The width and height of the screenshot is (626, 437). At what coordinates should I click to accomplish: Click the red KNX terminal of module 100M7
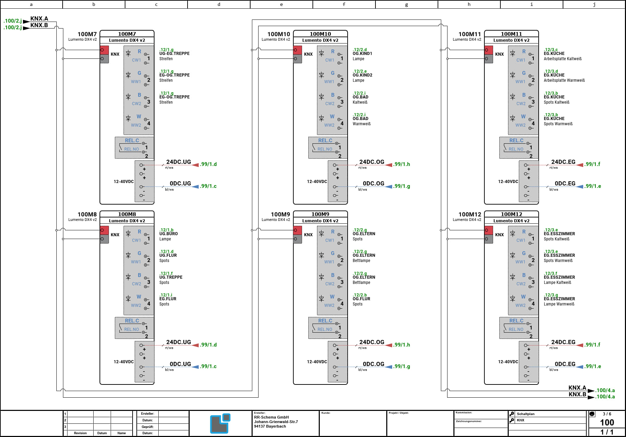(104, 50)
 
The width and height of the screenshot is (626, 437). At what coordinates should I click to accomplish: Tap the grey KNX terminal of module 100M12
(489, 239)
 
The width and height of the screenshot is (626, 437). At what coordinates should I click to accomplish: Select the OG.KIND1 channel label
(362, 54)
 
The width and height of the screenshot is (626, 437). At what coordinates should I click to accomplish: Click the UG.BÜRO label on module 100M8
(168, 234)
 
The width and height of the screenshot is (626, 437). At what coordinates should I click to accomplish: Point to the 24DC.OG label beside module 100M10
(372, 162)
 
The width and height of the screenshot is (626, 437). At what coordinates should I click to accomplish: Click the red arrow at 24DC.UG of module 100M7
(195, 165)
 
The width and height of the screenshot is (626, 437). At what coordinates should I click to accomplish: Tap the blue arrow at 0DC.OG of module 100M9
(389, 367)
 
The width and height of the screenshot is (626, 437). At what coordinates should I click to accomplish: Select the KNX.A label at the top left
(39, 18)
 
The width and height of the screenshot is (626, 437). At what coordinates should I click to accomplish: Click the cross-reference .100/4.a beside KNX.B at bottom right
(605, 397)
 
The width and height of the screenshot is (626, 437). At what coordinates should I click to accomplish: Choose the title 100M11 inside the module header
(511, 34)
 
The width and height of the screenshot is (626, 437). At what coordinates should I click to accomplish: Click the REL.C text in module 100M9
(325, 321)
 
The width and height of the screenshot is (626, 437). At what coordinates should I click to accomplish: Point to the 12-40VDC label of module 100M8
(124, 362)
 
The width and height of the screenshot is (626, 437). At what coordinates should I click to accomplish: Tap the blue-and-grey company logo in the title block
(220, 423)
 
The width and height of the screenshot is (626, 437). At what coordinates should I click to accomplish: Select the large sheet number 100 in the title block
(607, 422)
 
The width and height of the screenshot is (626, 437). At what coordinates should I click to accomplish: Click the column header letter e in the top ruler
(281, 5)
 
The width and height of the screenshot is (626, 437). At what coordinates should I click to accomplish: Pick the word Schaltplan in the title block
(525, 414)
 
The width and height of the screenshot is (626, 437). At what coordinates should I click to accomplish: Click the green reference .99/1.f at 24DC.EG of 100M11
(592, 164)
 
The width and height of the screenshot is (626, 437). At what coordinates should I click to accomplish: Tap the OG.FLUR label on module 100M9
(361, 299)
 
